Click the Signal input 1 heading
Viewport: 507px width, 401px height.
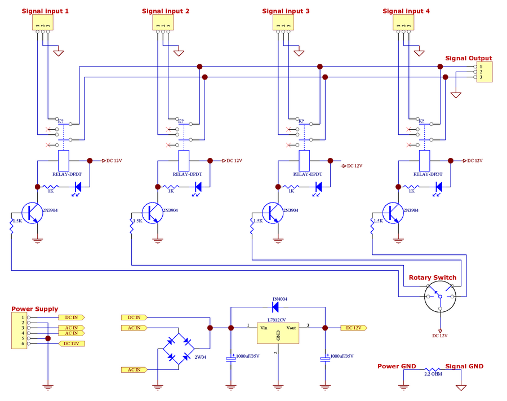45,11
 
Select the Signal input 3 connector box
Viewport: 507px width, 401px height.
283,23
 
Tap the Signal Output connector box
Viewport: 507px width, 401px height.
484,72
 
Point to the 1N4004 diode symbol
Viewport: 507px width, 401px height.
277,307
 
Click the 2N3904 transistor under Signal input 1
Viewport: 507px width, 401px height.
34,213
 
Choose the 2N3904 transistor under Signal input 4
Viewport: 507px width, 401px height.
394,213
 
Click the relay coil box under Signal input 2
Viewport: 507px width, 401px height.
184,161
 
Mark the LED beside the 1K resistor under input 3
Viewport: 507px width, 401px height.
318,187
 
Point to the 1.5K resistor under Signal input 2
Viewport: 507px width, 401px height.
131,224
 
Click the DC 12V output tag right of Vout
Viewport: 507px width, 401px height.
353,328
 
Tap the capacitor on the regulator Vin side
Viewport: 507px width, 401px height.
230,358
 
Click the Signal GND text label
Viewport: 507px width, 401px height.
464,366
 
